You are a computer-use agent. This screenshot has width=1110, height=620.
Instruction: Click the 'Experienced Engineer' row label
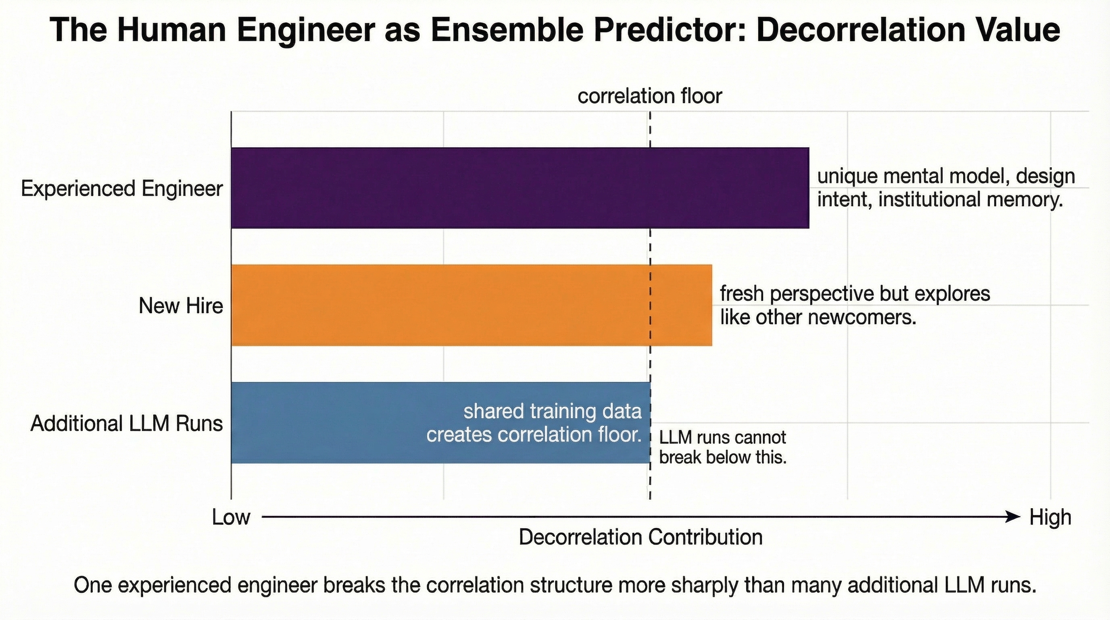point(122,189)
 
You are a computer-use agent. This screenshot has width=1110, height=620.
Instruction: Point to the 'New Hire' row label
point(181,306)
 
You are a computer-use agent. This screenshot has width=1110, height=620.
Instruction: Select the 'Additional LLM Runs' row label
point(127,423)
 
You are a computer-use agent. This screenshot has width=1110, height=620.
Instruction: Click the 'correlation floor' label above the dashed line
point(649,96)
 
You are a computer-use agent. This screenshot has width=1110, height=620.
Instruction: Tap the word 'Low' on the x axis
point(231,517)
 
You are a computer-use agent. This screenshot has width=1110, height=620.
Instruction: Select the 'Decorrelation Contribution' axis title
point(641,537)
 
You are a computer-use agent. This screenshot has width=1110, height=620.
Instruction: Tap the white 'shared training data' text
point(553,411)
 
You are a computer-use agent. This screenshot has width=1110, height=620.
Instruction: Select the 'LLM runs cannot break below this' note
point(723,448)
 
